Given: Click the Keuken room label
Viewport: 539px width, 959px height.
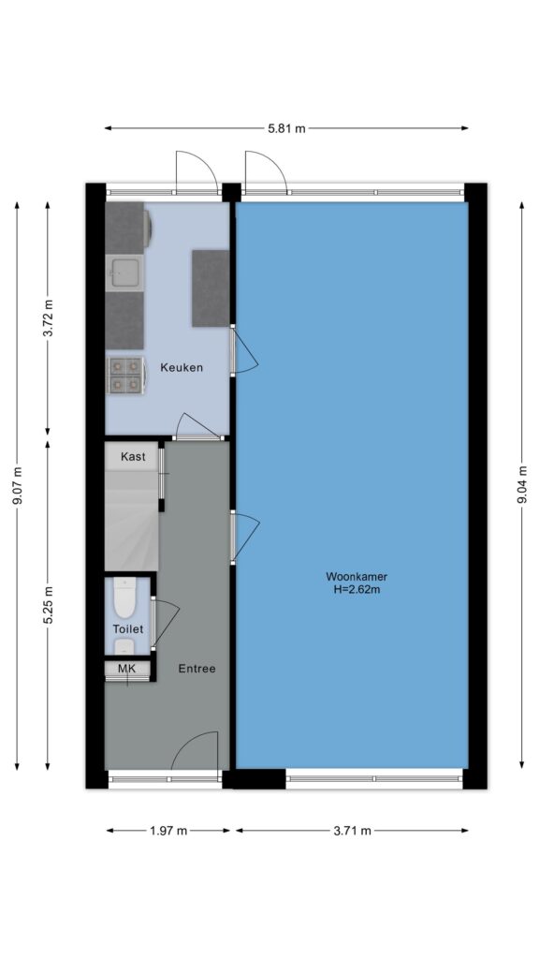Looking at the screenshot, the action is tap(182, 367).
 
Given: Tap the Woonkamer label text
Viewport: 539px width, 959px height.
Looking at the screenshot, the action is tap(357, 576).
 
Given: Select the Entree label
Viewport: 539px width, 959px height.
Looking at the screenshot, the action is tap(197, 669).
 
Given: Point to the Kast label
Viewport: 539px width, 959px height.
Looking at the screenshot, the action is tap(133, 456).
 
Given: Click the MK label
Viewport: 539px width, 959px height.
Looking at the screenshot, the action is tap(126, 668).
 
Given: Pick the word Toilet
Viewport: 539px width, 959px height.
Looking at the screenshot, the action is tap(127, 628).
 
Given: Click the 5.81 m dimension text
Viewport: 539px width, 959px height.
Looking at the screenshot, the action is tap(286, 128).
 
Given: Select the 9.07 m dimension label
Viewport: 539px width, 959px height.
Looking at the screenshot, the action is tap(18, 486).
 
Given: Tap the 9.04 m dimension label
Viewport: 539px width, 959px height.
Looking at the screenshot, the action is tap(522, 484).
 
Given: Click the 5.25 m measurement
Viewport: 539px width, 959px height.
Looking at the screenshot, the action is tap(49, 605).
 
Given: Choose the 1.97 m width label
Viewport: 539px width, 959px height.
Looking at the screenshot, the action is tap(168, 831).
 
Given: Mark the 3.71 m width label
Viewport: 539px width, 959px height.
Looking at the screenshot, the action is tap(352, 831).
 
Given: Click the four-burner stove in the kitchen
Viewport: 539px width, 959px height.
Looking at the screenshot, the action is tap(126, 375).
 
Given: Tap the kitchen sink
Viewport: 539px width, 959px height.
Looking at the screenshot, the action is tap(124, 273).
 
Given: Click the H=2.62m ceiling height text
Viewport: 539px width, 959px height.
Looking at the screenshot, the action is tap(357, 590).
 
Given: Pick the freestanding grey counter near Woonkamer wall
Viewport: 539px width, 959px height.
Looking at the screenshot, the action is tap(211, 288).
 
